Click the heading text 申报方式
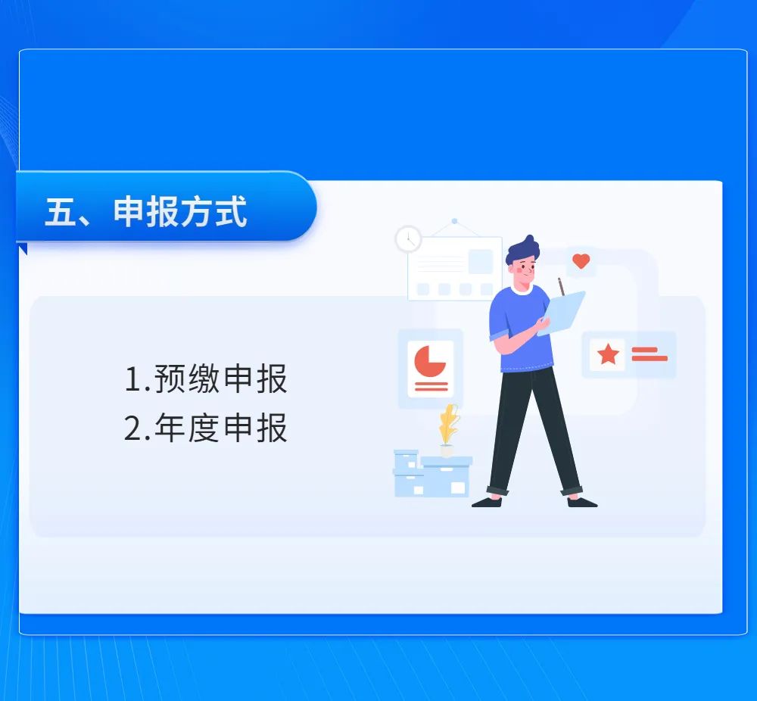(181, 211)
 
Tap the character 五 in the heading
(61, 211)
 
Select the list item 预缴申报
(221, 379)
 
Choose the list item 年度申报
(221, 428)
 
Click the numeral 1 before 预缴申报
(133, 379)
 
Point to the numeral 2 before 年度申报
(133, 428)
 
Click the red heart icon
(581, 261)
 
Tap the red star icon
(608, 354)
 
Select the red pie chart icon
(430, 361)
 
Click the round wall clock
(409, 239)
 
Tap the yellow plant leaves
(449, 425)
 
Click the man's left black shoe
(487, 502)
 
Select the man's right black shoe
(582, 502)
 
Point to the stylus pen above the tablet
(561, 287)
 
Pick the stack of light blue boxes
(432, 474)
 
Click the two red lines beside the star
(650, 354)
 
